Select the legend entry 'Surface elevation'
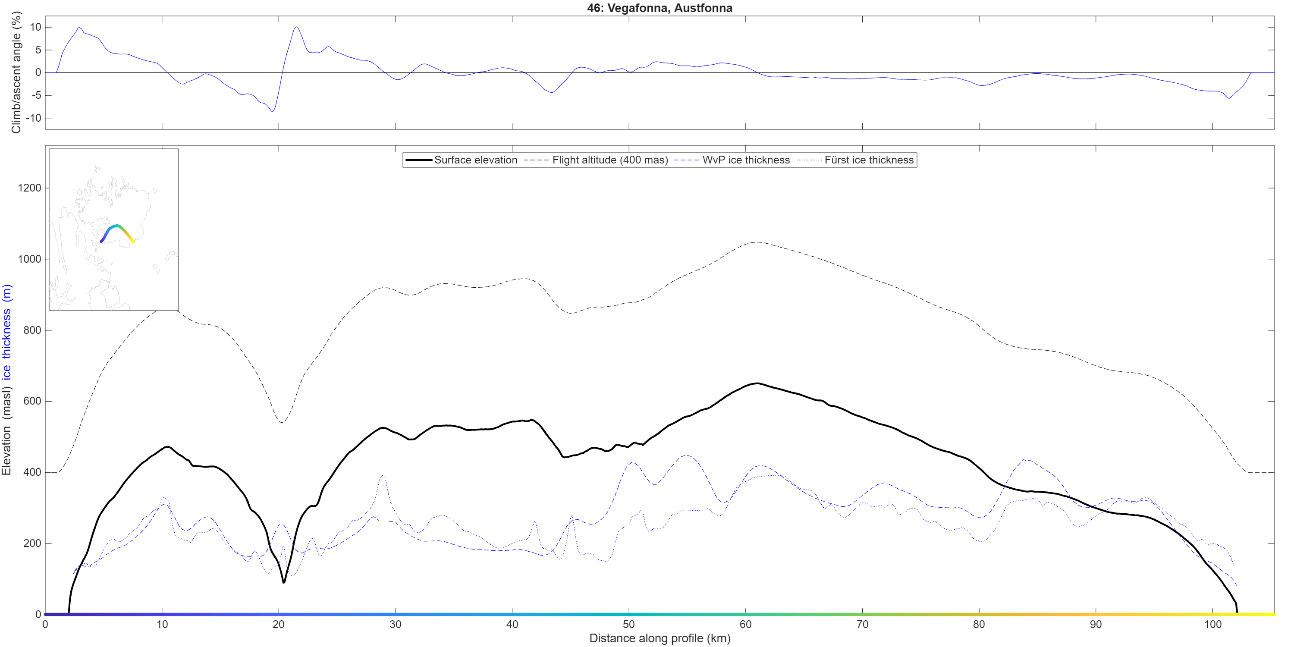(462, 160)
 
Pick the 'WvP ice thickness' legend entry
(732, 160)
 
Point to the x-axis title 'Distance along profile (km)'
(659, 638)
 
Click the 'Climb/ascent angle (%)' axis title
(16, 73)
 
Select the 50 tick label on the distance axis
(628, 625)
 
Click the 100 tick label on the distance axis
(1212, 625)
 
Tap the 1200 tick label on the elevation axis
(30, 188)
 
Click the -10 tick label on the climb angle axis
(34, 118)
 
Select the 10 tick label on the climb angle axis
(36, 27)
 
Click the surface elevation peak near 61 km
(757, 383)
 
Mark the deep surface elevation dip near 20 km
(284, 582)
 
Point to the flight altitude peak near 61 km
(757, 242)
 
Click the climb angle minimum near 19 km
(273, 111)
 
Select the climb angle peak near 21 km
(296, 27)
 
